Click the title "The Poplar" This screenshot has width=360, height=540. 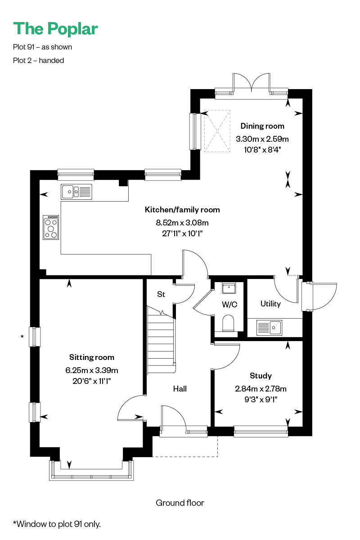[55, 29]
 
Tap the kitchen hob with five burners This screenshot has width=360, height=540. [51, 227]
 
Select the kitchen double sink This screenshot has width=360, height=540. [76, 192]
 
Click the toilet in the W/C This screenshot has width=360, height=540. [228, 323]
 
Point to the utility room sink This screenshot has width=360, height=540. [269, 328]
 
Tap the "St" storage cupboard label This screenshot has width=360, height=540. [161, 294]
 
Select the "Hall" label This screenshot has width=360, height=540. [180, 389]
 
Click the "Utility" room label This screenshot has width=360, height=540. [270, 304]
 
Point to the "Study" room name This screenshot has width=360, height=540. [261, 376]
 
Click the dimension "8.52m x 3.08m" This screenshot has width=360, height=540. [182, 222]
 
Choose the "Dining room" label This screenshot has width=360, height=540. [262, 126]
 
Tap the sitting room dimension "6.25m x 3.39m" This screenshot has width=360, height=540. [92, 370]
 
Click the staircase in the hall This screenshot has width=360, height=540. [161, 340]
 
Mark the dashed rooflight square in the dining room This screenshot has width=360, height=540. [217, 131]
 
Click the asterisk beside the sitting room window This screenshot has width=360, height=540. [22, 337]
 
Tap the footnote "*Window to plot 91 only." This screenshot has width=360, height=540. [57, 524]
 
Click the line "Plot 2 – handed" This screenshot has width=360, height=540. [38, 60]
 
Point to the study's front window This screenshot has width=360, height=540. [261, 432]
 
